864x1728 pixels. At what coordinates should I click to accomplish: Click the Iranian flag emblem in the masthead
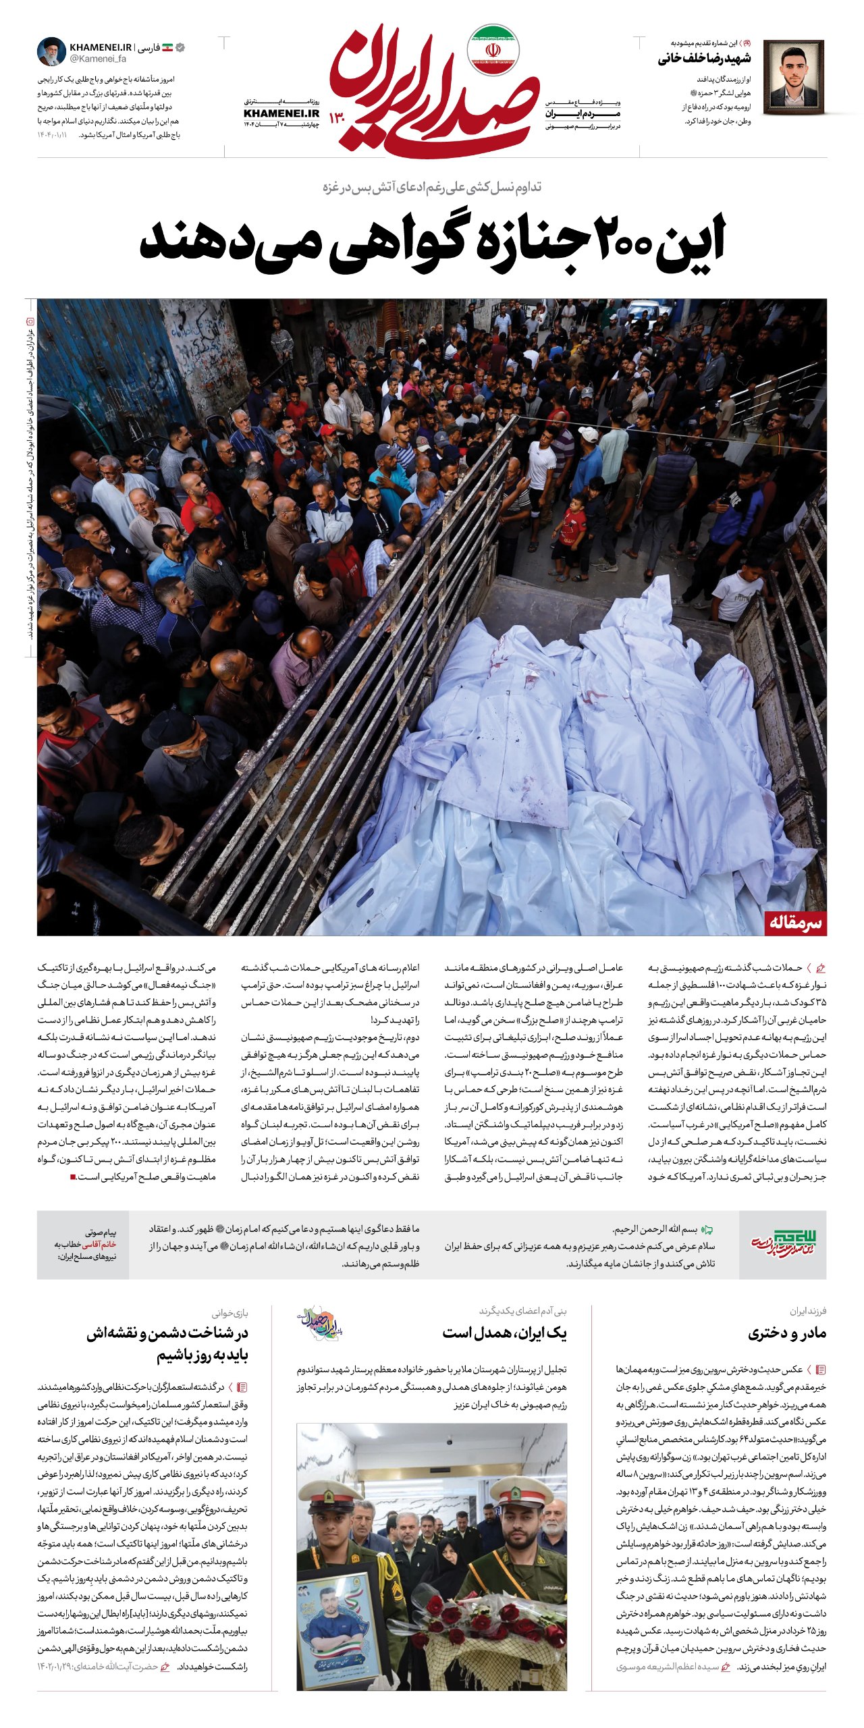pyautogui.click(x=493, y=50)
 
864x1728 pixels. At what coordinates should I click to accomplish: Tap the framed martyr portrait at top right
pyautogui.click(x=793, y=77)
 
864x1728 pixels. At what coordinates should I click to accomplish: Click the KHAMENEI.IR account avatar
pyautogui.click(x=51, y=52)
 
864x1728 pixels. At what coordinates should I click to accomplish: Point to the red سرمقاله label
pyautogui.click(x=796, y=923)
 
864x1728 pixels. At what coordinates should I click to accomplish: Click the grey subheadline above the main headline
pyautogui.click(x=432, y=187)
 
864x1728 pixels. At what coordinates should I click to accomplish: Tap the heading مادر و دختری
pyautogui.click(x=787, y=1333)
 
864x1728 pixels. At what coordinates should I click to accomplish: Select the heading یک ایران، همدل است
pyautogui.click(x=504, y=1333)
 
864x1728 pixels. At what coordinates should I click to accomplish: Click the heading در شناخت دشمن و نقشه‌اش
pyautogui.click(x=167, y=1333)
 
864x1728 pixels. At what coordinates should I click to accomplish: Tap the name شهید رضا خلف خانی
pyautogui.click(x=704, y=59)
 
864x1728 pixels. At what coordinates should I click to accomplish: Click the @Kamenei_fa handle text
pyautogui.click(x=97, y=59)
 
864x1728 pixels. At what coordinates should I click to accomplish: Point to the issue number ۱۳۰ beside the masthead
pyautogui.click(x=337, y=118)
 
